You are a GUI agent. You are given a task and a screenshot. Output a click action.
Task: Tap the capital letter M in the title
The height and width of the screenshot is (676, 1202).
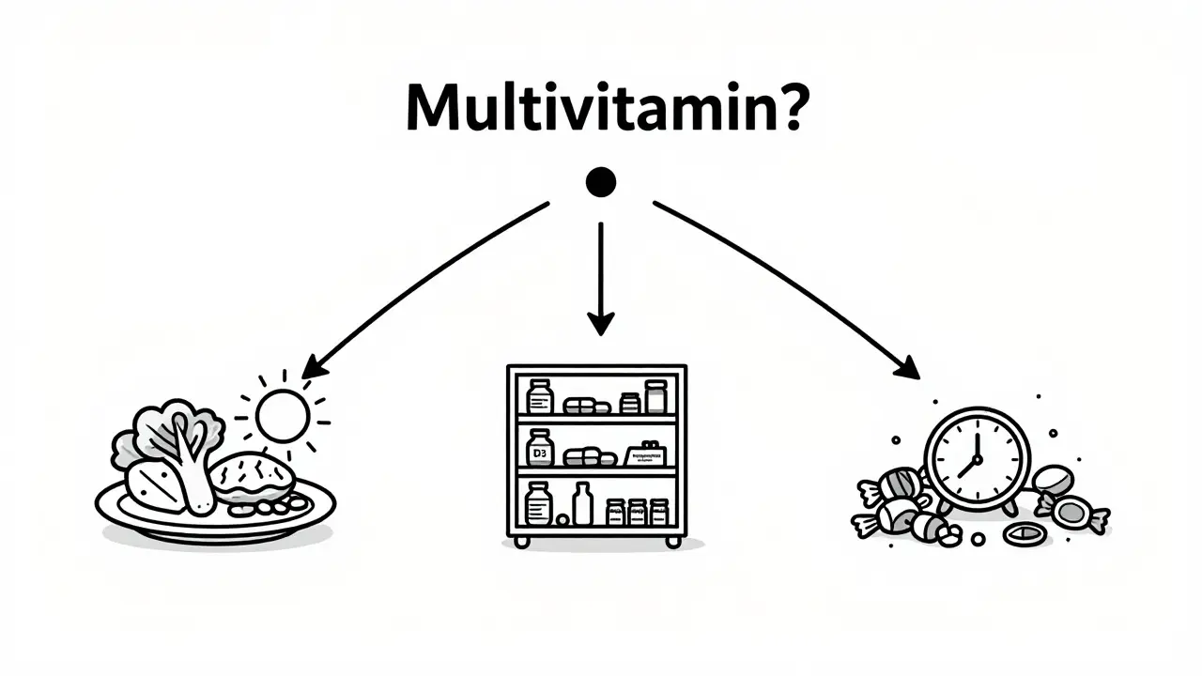[x=434, y=109]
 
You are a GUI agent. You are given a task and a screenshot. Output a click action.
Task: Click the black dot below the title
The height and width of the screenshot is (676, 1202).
[x=600, y=182]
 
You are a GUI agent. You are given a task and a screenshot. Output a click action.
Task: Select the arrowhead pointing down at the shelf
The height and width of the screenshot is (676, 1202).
[x=600, y=323]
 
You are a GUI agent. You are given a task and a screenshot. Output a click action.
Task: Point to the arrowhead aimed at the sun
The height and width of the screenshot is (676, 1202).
[x=314, y=367]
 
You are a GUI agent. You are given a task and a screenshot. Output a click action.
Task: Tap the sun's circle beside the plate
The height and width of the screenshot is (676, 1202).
[x=283, y=416]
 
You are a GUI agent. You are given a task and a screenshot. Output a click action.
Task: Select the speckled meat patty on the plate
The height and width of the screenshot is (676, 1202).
[x=251, y=477]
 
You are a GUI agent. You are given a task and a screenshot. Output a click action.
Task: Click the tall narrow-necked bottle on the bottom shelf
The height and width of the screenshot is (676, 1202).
[x=583, y=504]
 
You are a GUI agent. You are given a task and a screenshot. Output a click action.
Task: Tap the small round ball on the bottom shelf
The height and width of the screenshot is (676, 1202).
[x=562, y=519]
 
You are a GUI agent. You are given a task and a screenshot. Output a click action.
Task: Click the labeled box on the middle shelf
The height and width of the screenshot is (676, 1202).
[x=648, y=455]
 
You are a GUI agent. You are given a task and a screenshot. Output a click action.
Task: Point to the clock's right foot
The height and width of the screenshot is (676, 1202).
[x=1010, y=508]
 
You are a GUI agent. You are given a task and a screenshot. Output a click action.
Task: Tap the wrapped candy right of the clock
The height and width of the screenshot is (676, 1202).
[x=1072, y=513]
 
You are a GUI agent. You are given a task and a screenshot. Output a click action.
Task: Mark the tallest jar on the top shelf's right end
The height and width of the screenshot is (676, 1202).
[x=655, y=396]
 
